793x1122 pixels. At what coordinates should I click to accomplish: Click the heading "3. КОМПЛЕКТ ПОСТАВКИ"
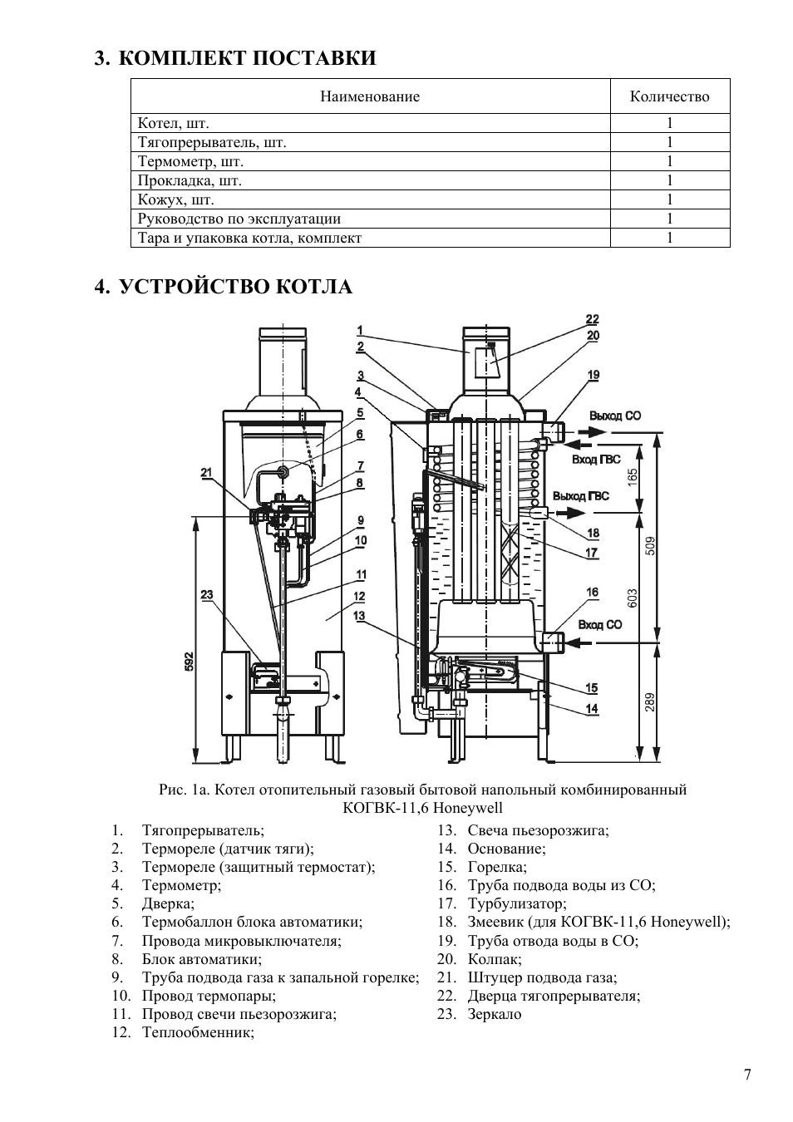coord(234,58)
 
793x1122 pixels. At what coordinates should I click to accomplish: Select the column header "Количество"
coord(669,96)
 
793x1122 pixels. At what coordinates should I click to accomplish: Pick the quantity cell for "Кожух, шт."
coord(669,199)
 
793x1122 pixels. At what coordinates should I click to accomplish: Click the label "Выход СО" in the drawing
coord(615,416)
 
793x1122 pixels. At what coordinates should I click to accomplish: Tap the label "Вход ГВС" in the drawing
coord(596,459)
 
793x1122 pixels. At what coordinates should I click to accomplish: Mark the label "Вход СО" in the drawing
coord(599,624)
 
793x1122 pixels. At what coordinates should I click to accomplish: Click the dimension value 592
coord(189,661)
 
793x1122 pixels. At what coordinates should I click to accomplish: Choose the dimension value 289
coord(650,702)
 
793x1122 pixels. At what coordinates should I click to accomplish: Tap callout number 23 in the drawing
coord(207,594)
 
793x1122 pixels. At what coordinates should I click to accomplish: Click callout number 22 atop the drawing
coord(593,319)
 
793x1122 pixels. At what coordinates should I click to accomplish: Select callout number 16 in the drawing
coord(592,593)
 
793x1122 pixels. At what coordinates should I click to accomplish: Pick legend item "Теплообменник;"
coord(198,1032)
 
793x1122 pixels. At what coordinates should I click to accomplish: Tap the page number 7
coord(747,1075)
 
